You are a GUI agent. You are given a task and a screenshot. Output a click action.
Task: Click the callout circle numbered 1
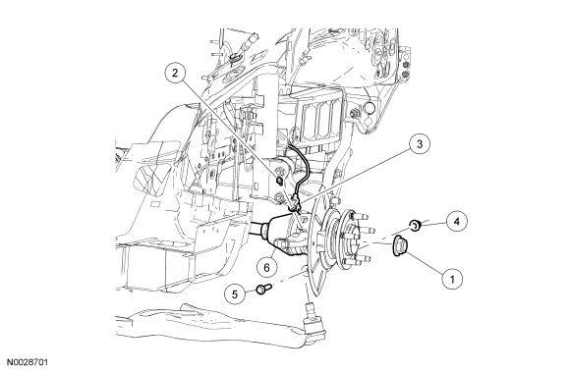click(x=452, y=279)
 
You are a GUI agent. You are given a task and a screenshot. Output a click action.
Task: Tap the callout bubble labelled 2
click(x=175, y=73)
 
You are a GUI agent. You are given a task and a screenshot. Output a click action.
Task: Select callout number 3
click(x=420, y=143)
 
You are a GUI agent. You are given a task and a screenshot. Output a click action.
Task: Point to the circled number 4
click(x=457, y=221)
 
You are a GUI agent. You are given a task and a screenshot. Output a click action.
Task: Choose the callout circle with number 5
click(x=235, y=293)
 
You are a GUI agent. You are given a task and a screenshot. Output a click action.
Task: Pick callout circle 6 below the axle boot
click(x=267, y=268)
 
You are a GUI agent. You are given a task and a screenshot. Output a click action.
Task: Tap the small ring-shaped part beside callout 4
click(x=416, y=225)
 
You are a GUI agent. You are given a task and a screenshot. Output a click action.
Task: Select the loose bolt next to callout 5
click(x=264, y=289)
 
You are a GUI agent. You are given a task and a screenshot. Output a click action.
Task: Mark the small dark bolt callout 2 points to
click(x=279, y=181)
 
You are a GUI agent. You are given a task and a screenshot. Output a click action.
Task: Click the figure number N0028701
click(x=28, y=362)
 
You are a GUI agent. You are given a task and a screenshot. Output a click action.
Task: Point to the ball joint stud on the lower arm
click(x=310, y=309)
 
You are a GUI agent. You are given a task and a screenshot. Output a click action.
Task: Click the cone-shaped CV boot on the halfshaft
click(x=278, y=233)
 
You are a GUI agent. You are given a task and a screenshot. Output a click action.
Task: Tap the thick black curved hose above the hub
click(x=299, y=167)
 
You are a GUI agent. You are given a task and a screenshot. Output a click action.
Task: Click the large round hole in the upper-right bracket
click(x=369, y=108)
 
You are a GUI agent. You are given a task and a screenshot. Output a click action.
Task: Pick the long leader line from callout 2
click(x=230, y=130)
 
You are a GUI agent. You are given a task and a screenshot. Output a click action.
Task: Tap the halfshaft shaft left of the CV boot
click(x=256, y=229)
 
